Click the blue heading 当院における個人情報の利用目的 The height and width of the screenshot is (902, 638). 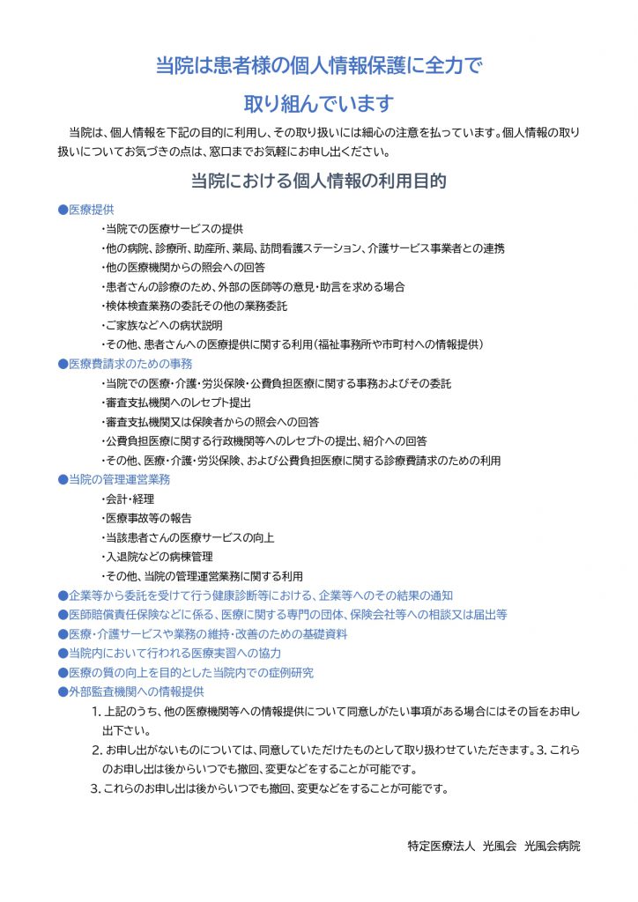(318, 181)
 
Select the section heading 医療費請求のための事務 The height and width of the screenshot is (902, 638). (124, 364)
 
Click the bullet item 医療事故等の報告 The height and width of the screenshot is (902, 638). (145, 519)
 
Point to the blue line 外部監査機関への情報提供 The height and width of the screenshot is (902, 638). (130, 692)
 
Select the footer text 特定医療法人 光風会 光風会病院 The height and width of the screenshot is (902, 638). (493, 847)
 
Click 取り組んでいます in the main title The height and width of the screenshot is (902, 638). (318, 103)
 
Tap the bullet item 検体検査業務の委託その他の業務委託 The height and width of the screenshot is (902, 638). (194, 307)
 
